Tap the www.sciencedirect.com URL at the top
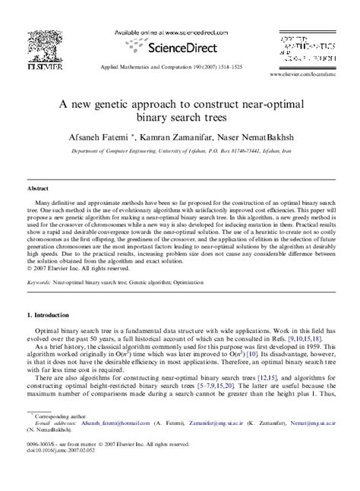pos(161,33)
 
